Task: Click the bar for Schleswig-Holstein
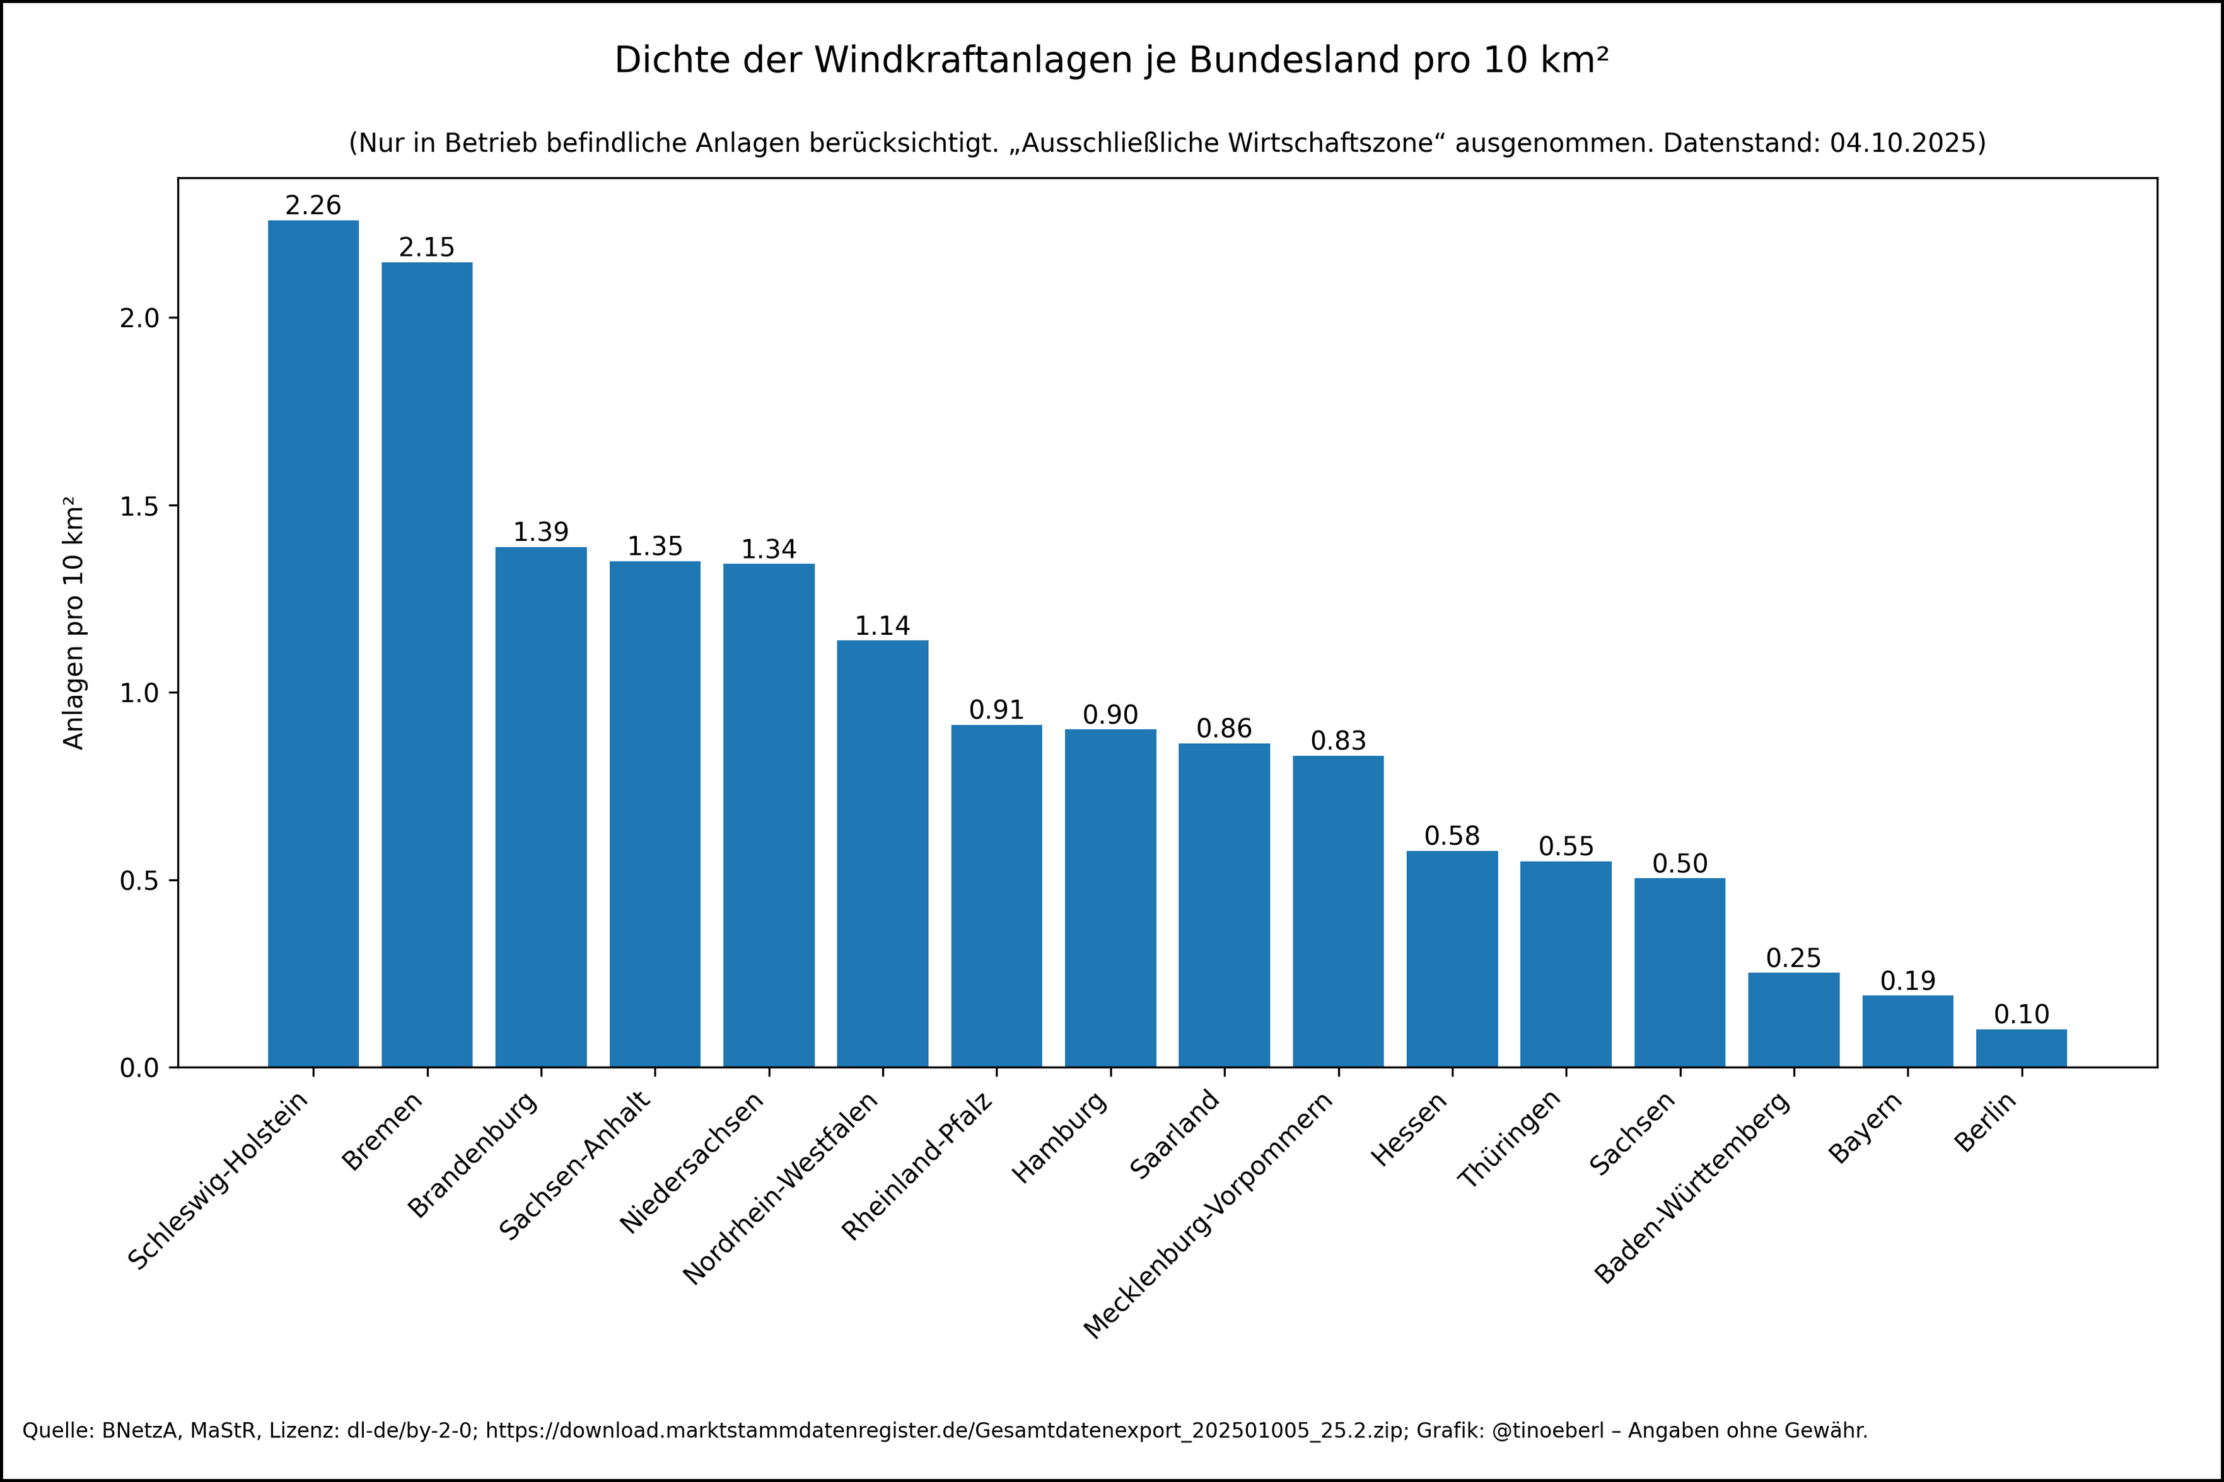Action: point(313,643)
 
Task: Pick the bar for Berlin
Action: point(2022,1048)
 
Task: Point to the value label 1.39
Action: point(540,532)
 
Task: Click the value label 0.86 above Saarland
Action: point(1224,729)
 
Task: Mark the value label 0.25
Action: point(1793,958)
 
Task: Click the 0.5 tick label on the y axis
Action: point(139,881)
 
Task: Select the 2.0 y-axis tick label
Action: point(139,318)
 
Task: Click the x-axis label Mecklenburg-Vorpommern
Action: point(1209,1215)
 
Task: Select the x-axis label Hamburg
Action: point(1059,1138)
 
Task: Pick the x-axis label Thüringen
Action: point(1510,1139)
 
